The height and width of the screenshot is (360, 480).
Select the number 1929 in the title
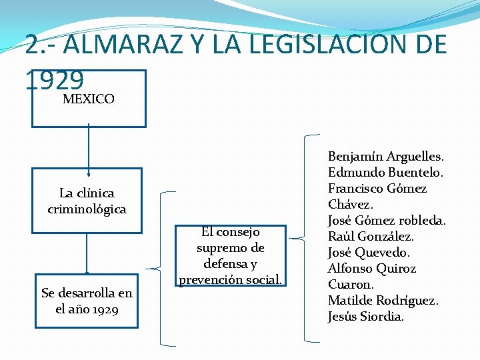coord(55,81)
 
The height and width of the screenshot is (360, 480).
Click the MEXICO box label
coord(88,99)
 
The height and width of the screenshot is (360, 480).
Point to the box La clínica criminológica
coord(87,201)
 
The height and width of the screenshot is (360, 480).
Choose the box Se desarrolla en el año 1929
coord(87,301)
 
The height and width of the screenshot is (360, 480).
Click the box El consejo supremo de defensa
coord(230,255)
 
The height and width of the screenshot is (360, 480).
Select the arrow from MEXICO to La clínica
coord(89,148)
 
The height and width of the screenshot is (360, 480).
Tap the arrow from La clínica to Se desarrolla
coord(87,254)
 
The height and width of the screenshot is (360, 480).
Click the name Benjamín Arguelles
coord(386,157)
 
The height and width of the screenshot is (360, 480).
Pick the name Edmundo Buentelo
coord(385,173)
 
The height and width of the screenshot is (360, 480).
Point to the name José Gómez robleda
coord(387,221)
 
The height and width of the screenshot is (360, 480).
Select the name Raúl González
coord(371,237)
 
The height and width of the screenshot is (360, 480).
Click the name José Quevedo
coord(369,253)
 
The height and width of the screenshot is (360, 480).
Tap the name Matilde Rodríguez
coord(383,301)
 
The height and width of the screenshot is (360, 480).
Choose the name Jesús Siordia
coord(365,317)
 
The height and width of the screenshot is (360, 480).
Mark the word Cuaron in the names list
coord(351,285)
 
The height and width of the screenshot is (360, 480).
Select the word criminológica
coord(87,209)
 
